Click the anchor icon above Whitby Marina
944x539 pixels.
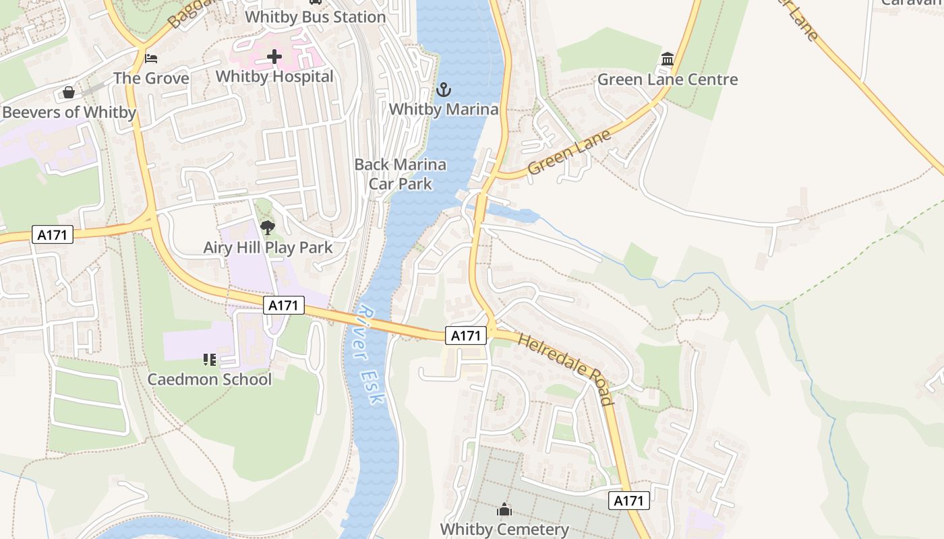(x=444, y=90)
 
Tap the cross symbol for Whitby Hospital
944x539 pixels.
(x=274, y=57)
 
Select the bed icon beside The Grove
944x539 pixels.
(x=151, y=59)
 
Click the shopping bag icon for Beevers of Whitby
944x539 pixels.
(x=69, y=92)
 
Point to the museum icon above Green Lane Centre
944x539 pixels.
(x=668, y=59)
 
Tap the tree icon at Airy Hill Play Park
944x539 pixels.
(x=268, y=228)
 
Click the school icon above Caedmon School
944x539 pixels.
(x=210, y=360)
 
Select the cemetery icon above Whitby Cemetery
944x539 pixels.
(x=504, y=510)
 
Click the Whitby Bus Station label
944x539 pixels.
(x=316, y=17)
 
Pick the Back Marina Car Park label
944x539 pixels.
(x=401, y=174)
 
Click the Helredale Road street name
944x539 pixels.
(x=566, y=369)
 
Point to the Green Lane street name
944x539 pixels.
(x=569, y=152)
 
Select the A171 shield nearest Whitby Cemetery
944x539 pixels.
(x=629, y=501)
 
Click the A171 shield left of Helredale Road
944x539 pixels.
(x=465, y=336)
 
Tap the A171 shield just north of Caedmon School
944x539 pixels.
(x=283, y=306)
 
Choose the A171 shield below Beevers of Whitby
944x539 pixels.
(x=52, y=234)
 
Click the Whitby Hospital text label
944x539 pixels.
(x=274, y=77)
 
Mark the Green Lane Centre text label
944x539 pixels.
(x=668, y=80)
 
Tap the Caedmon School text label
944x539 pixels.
(x=210, y=379)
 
